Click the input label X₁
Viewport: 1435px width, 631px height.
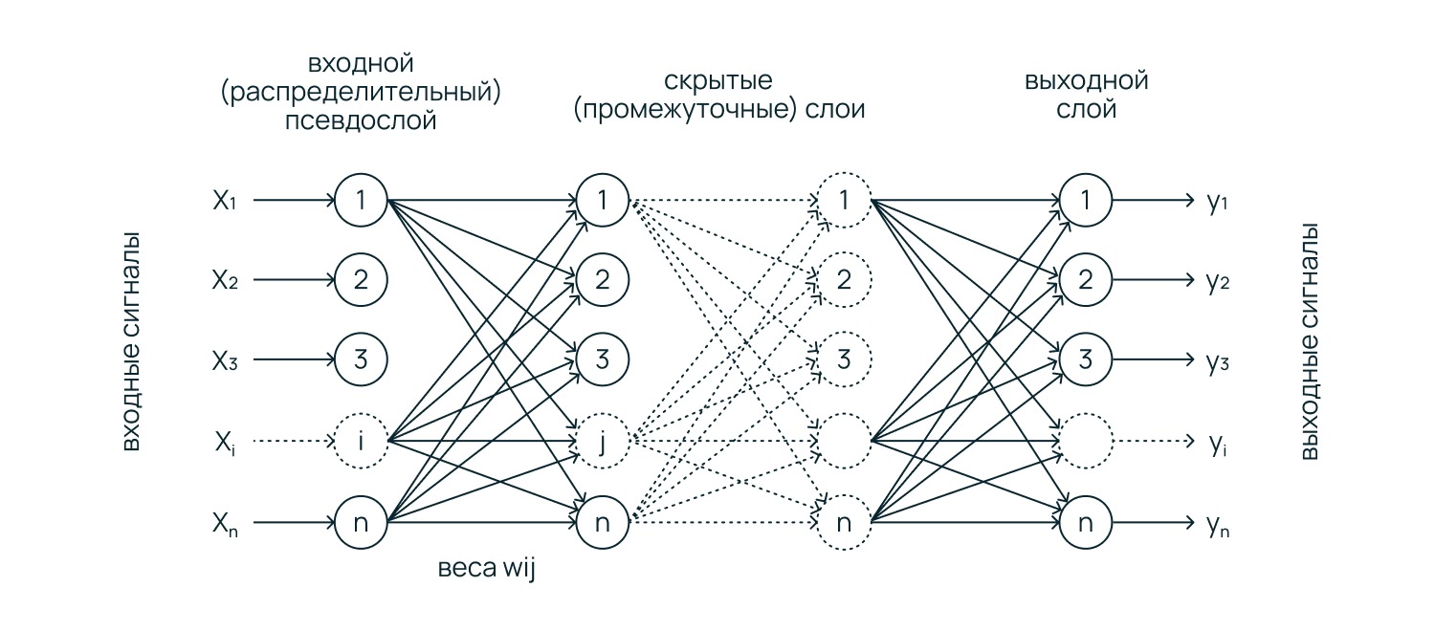click(224, 202)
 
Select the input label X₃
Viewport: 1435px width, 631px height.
click(224, 361)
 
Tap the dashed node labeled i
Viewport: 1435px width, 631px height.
click(361, 442)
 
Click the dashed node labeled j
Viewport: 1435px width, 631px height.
click(603, 442)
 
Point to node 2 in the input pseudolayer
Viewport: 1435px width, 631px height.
click(361, 281)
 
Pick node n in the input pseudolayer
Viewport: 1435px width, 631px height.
click(361, 523)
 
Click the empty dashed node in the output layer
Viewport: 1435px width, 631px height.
click(1086, 442)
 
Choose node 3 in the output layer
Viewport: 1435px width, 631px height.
click(1086, 361)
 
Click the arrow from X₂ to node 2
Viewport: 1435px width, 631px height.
click(292, 281)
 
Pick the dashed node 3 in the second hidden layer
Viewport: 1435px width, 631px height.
click(843, 361)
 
